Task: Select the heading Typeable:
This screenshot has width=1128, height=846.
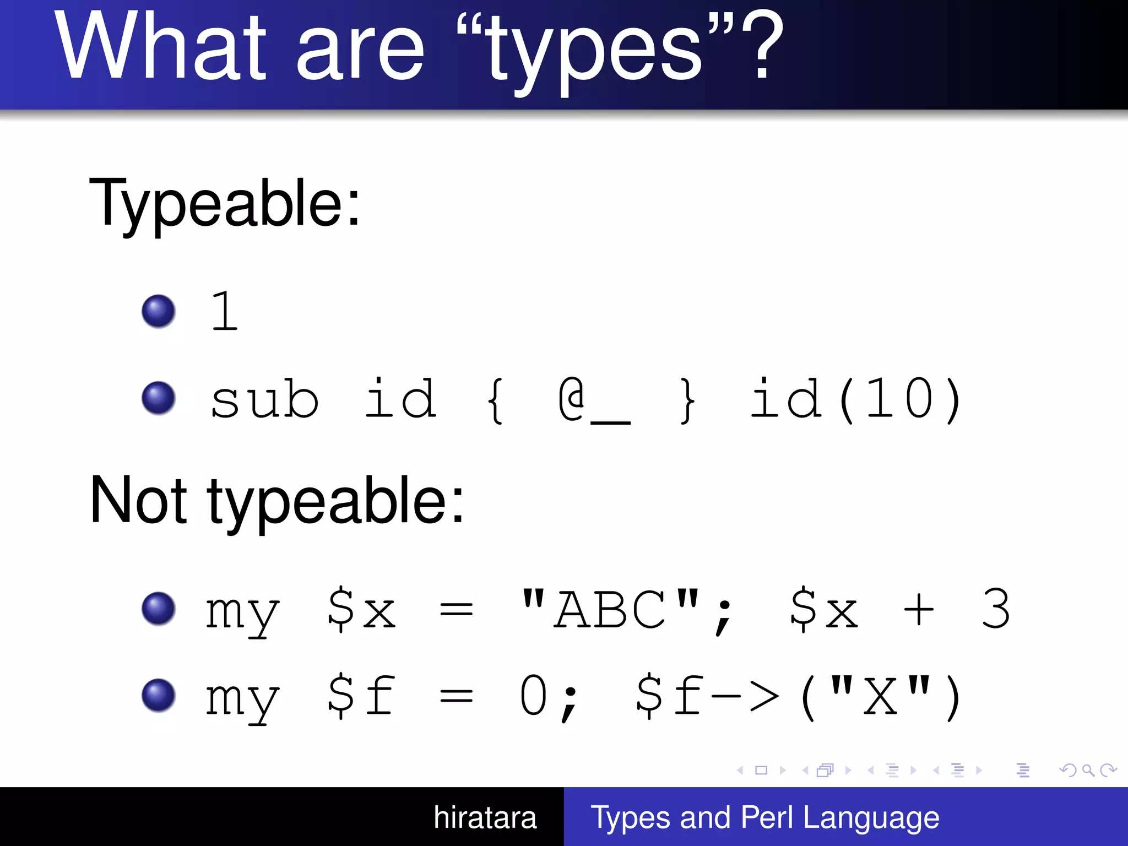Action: [225, 204]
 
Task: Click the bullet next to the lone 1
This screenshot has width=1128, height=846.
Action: [159, 311]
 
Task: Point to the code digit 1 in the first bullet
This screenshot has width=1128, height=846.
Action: [225, 311]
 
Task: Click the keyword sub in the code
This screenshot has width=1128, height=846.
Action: [264, 399]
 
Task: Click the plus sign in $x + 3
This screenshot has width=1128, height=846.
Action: [919, 610]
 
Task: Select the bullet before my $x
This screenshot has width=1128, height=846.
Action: [159, 609]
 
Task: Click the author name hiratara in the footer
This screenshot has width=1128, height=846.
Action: [485, 817]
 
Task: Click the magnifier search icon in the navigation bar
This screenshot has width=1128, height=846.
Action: [1088, 770]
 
